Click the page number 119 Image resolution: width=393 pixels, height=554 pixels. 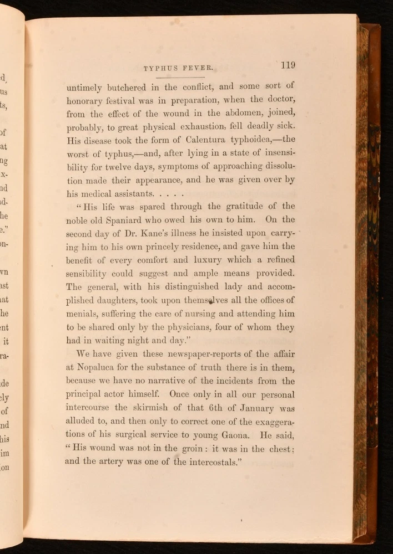tap(288, 65)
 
